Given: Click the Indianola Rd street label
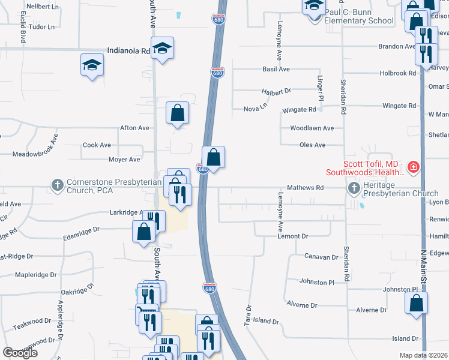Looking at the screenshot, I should point(128,51).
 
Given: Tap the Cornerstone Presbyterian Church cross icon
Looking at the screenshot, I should point(57,185).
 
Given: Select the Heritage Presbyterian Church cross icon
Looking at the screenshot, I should point(354,188).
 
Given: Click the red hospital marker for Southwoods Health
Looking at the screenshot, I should point(413,167).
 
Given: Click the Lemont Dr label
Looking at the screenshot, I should point(293,236).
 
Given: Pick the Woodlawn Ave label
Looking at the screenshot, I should point(312,128).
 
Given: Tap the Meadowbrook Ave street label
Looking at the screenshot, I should point(35,146).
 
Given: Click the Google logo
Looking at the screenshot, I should point(20,353).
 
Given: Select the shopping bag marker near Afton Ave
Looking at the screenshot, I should point(178,112).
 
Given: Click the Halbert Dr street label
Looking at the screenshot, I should point(276,91).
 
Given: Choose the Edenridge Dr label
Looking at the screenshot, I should point(88,229).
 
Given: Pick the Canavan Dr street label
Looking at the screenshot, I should point(322,257).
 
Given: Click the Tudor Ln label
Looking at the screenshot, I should point(41,27).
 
